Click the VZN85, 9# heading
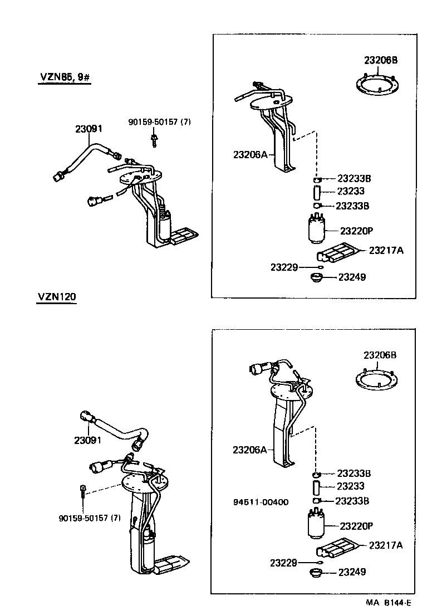point(64,77)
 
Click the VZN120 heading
point(57,296)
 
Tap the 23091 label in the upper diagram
point(89,129)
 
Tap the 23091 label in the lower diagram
point(87,440)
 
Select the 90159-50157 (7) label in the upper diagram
point(159,121)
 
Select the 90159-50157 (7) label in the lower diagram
point(89,518)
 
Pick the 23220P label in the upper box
point(356,230)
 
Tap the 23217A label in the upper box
point(386,251)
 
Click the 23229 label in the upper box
point(284,267)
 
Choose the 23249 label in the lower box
point(352,572)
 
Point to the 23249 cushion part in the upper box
point(317,277)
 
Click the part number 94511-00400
point(261,502)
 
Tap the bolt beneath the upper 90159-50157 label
point(153,139)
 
